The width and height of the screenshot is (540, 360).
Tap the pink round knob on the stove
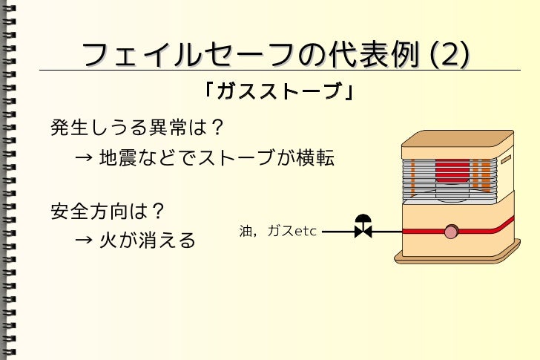coord(451,233)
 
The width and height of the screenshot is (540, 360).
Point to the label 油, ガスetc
coord(278,232)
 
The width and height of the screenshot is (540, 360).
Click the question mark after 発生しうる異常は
coord(217,128)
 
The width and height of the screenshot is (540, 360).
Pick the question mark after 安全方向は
coord(157,212)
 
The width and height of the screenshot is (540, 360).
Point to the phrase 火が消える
coord(148,240)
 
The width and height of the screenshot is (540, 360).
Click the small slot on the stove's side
coord(506,160)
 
